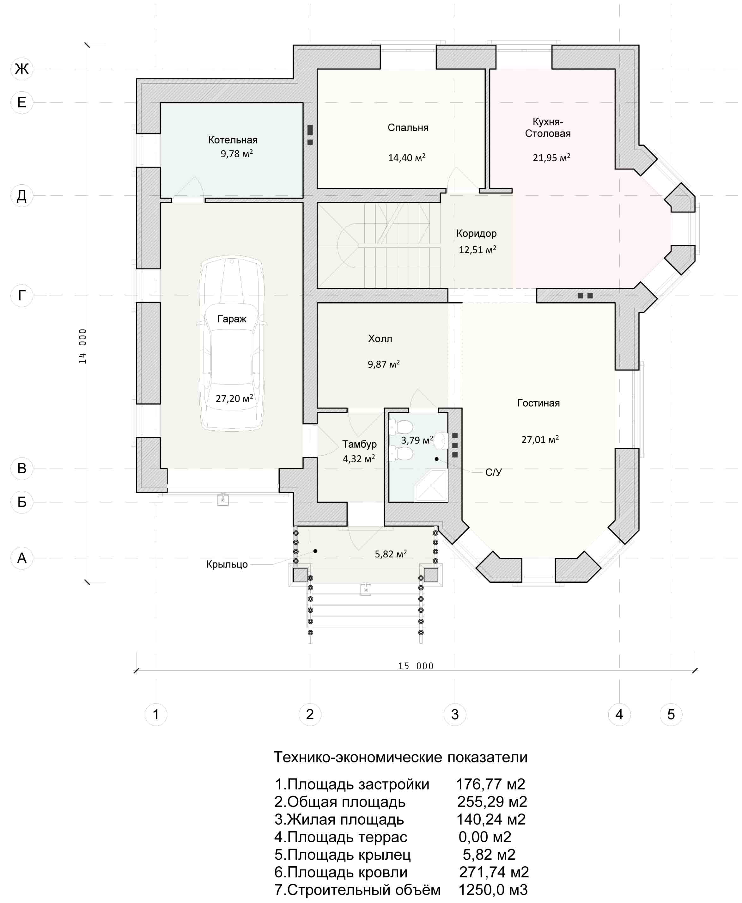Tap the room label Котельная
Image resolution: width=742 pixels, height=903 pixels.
233,140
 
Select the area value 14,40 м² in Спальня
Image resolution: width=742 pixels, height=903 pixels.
406,158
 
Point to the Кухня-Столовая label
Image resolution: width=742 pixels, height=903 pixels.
548,128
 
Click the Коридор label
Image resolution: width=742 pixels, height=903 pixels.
477,233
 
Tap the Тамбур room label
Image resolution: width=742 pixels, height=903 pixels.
359,444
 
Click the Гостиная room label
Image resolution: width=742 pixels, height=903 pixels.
538,403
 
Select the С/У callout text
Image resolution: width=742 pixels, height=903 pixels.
494,472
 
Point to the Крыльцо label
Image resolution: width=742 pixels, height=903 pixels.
227,564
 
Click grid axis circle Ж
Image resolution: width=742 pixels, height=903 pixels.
22,68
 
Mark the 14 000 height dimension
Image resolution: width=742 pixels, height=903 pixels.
82,346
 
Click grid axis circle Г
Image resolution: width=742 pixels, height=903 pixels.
22,295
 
